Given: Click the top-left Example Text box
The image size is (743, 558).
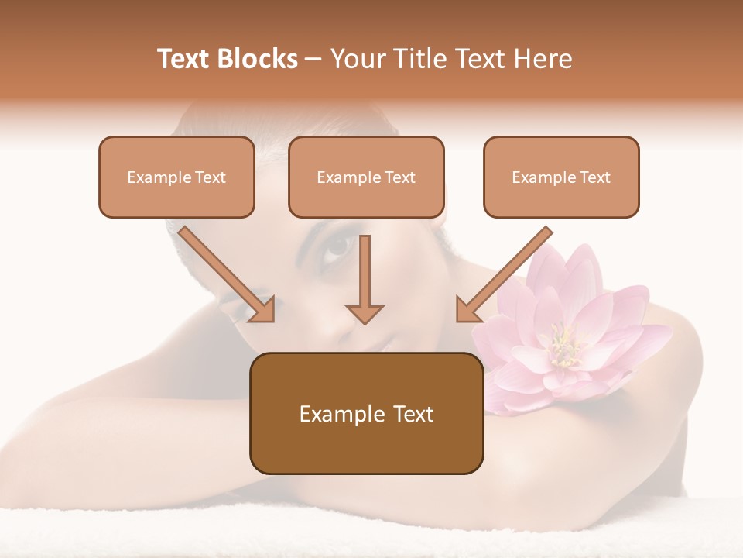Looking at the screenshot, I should [176, 177].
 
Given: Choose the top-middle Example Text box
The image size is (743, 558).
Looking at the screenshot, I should [366, 177].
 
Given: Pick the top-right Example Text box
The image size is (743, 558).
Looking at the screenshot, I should [561, 177].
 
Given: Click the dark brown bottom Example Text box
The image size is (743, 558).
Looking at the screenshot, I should [366, 413].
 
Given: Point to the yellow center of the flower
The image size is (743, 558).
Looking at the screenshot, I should [563, 346].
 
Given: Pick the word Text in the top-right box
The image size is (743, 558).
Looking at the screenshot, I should [594, 177].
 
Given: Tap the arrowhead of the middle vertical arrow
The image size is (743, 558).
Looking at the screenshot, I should [365, 312].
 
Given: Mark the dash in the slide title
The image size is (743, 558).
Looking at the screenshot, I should [313, 60].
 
